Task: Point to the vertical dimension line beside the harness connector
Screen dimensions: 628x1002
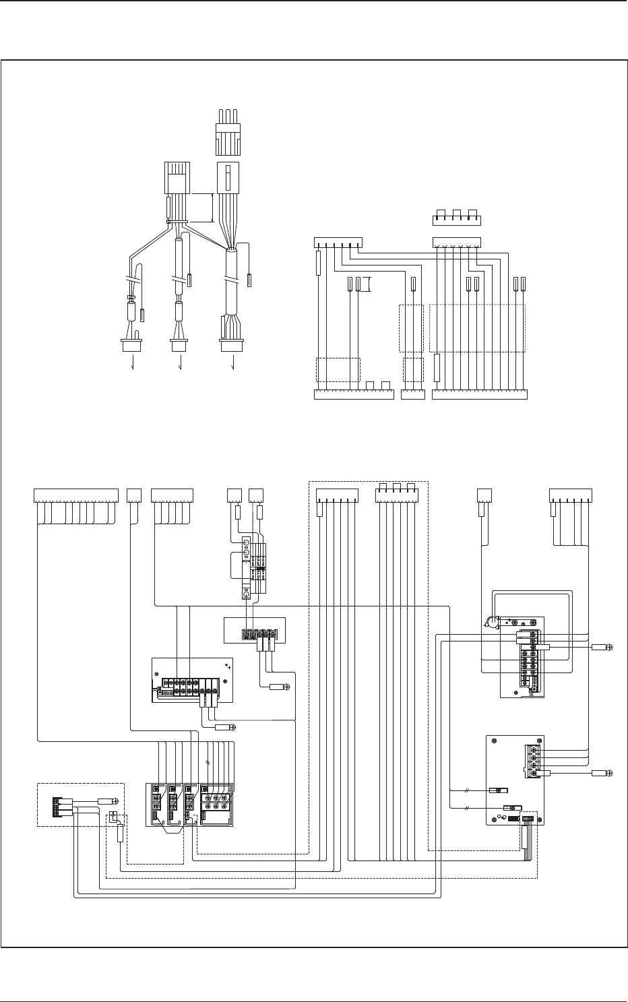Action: tap(213, 208)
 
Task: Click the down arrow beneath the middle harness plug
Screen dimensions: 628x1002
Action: tap(180, 365)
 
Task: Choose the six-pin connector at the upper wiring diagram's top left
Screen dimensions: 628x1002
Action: tap(338, 242)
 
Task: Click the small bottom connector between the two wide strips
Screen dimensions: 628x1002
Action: tap(412, 394)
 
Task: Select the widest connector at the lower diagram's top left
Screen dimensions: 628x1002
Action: tap(75, 495)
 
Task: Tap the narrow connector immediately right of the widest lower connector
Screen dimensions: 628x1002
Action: tap(133, 495)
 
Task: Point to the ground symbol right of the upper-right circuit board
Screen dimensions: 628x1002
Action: tap(608, 647)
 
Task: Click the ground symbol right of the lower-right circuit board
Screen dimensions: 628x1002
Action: tap(608, 773)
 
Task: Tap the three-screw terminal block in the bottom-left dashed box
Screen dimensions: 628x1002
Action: tap(63, 806)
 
